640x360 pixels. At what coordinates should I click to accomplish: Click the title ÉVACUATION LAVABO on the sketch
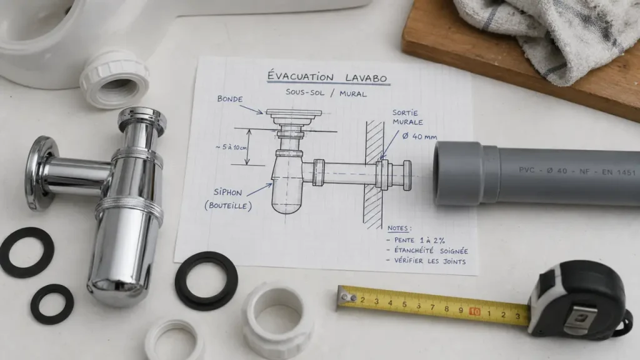click(x=327, y=77)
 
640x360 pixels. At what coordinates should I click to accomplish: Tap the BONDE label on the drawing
click(x=230, y=99)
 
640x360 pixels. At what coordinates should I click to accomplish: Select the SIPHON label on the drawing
click(x=227, y=192)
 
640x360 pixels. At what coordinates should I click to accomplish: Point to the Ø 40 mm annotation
click(x=419, y=136)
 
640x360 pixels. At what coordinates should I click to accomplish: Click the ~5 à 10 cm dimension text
click(x=231, y=147)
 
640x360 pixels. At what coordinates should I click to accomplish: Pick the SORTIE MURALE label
click(x=407, y=117)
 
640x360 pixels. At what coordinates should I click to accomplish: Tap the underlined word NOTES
click(x=398, y=228)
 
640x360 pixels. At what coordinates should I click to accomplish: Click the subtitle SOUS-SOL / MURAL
click(x=326, y=93)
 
